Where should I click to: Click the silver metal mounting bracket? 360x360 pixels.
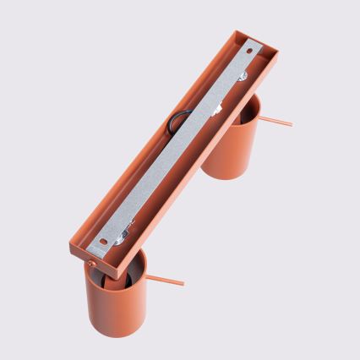click(177, 152)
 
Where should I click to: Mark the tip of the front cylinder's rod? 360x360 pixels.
click(183, 283)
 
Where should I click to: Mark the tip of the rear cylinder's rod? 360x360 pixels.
click(291, 125)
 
